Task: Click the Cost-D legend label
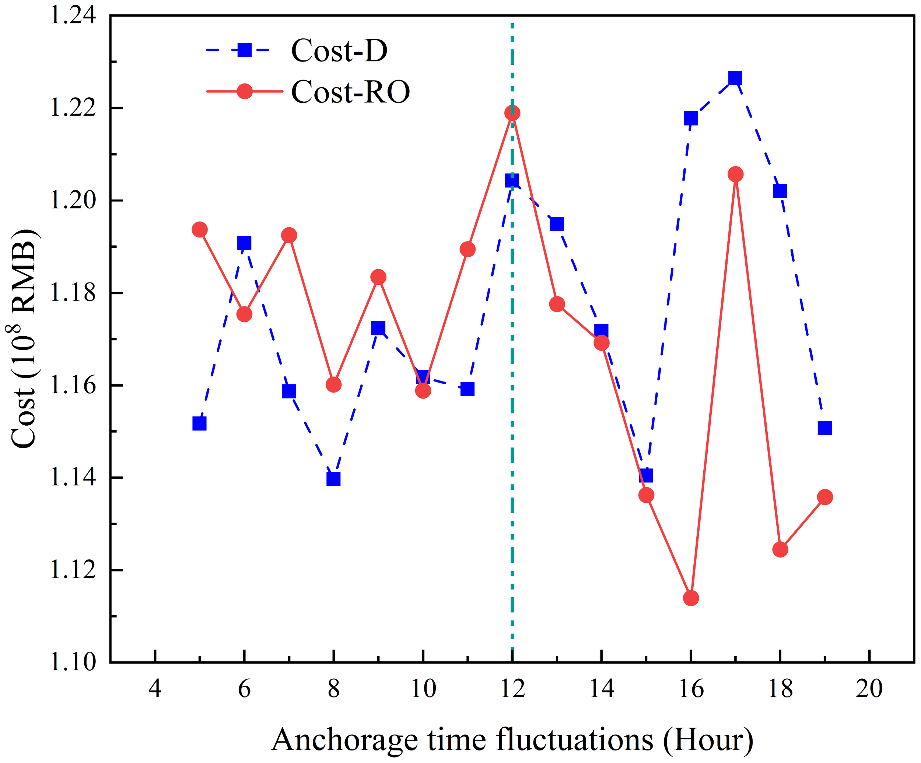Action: coord(339,50)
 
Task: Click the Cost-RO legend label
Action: coord(350,92)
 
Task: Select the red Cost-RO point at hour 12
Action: coord(512,113)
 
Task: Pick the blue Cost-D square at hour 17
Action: coord(735,78)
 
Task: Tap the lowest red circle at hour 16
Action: coord(691,598)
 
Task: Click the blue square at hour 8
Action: coord(333,479)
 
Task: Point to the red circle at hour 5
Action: coord(200,229)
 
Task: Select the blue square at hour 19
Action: coord(824,428)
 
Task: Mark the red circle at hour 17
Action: coord(735,174)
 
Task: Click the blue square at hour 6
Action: coord(244,243)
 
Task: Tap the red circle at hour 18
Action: coord(780,549)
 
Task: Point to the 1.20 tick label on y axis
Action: coord(72,200)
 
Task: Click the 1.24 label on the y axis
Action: coord(72,16)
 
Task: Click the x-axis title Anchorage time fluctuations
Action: coord(511,740)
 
